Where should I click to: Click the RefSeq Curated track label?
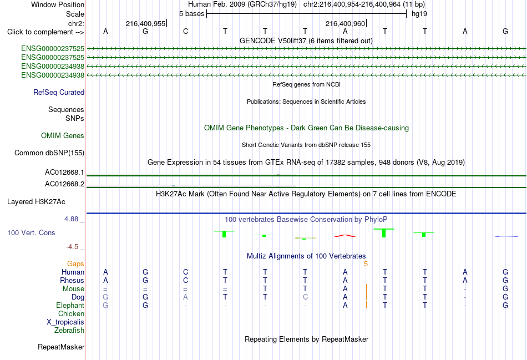[59, 93]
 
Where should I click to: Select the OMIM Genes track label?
[63, 135]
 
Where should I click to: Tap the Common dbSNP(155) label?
[49, 153]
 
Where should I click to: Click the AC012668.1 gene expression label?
[64, 173]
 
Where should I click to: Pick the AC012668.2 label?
[64, 184]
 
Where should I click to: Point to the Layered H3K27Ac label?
[36, 202]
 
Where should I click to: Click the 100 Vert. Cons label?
[31, 232]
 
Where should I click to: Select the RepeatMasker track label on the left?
[61, 347]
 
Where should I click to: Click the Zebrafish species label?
[69, 331]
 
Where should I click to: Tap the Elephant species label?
[70, 306]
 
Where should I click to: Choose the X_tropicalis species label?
[65, 322]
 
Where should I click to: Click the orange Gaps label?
[75, 264]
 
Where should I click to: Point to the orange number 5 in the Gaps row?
[366, 264]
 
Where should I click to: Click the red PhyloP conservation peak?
[345, 236]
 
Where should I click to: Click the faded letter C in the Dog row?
[305, 297]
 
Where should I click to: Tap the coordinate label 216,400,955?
[145, 23]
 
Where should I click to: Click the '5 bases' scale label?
[191, 14]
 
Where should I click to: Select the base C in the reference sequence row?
[185, 31]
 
